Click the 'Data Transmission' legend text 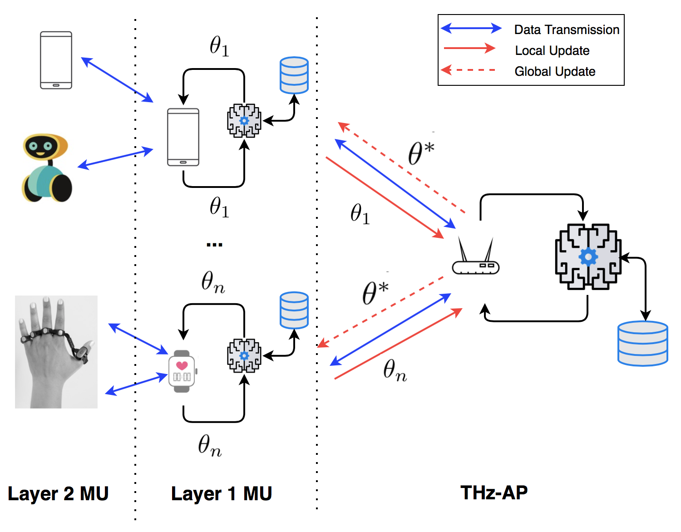pyautogui.click(x=567, y=30)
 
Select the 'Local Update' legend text pyautogui.click(x=552, y=51)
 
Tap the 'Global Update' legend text pyautogui.click(x=555, y=72)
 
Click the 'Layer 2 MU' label pyautogui.click(x=58, y=493)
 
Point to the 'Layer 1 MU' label pyautogui.click(x=221, y=493)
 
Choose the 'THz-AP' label pyautogui.click(x=494, y=493)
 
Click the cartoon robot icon pyautogui.click(x=46, y=168)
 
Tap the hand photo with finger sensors pyautogui.click(x=56, y=352)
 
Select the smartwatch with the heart pyautogui.click(x=182, y=371)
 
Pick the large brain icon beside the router pyautogui.click(x=588, y=256)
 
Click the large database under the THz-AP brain pyautogui.click(x=642, y=343)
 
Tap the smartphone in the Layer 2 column pyautogui.click(x=56, y=60)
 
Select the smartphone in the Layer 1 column pyautogui.click(x=183, y=137)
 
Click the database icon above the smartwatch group pyautogui.click(x=294, y=310)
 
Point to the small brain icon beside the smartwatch pyautogui.click(x=244, y=355)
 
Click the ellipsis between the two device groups pyautogui.click(x=214, y=245)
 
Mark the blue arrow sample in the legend pyautogui.click(x=471, y=29)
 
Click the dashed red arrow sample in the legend pyautogui.click(x=469, y=70)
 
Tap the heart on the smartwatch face pyautogui.click(x=182, y=365)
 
